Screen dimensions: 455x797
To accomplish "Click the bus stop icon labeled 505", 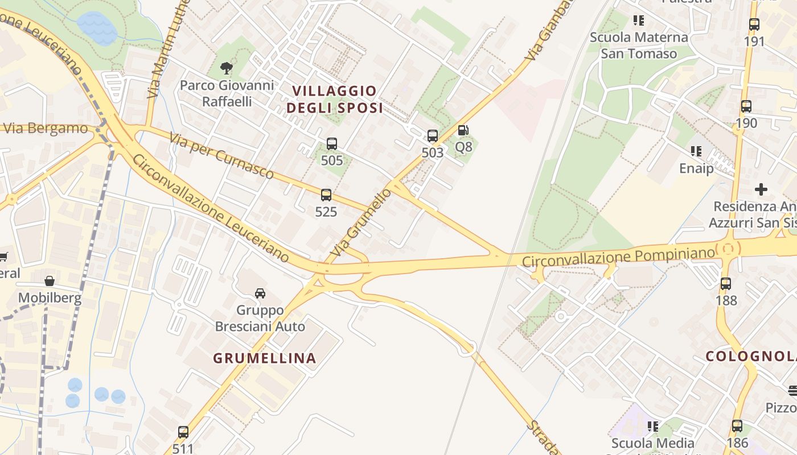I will [x=332, y=144].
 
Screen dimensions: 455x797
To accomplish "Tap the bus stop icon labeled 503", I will [x=433, y=136].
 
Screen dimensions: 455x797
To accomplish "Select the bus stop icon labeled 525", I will [x=326, y=195].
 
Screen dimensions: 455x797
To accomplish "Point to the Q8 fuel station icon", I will [x=463, y=131].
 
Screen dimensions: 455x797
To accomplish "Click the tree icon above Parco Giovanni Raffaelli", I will [x=227, y=68].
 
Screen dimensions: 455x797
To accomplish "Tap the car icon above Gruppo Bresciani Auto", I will [x=260, y=293].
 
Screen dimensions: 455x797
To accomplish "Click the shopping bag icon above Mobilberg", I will [x=50, y=281].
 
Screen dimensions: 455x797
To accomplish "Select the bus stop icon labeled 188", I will [x=726, y=283].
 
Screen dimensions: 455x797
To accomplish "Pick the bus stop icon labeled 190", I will [x=746, y=106].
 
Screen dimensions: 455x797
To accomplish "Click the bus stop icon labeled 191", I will [x=754, y=24].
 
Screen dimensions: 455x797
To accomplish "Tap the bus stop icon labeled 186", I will [x=737, y=425].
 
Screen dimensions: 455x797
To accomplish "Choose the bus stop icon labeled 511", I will [x=183, y=432].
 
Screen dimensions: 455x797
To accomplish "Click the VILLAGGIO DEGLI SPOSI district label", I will [x=334, y=100].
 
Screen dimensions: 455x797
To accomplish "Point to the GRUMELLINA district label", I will [x=264, y=358].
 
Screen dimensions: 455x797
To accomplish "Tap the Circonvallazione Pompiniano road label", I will [x=619, y=258].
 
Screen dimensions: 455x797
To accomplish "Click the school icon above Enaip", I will [x=696, y=151].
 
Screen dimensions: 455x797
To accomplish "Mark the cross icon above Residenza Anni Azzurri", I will [x=761, y=189].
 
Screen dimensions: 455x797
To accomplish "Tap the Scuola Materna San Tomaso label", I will [x=639, y=45].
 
